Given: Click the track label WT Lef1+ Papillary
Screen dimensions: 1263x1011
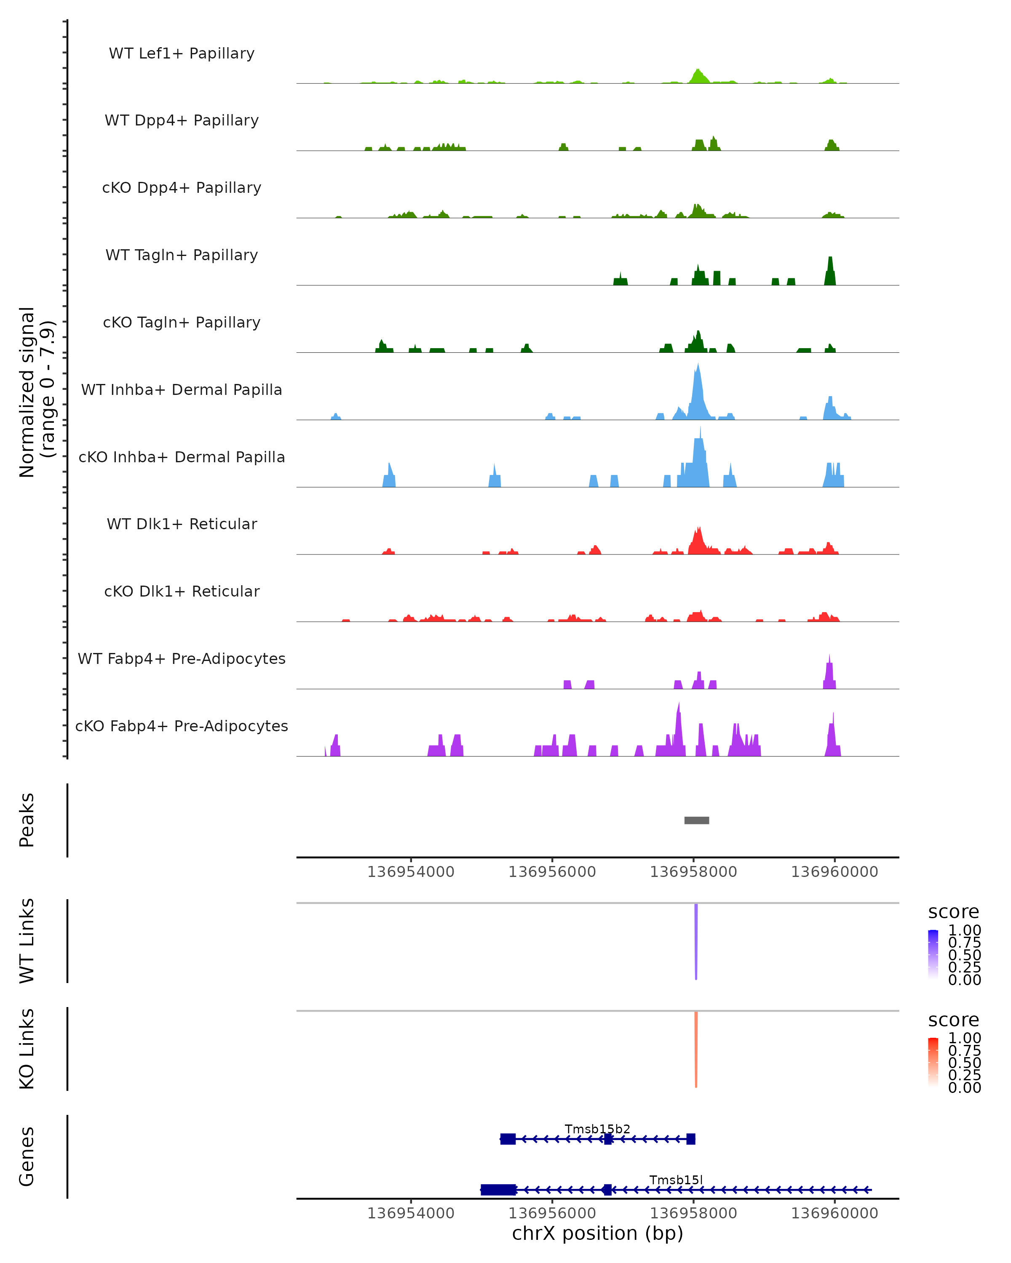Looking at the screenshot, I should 182,53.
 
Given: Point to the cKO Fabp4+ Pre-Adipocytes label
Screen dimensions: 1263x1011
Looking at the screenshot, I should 182,726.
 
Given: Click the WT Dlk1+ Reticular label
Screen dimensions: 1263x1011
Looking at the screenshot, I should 182,524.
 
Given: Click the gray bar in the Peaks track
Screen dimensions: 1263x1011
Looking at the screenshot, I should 697,820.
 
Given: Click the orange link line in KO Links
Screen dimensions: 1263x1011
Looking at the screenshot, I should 695,1049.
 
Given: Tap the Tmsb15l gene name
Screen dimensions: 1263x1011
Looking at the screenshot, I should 676,1180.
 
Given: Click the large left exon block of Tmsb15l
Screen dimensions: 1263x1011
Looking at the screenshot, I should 499,1190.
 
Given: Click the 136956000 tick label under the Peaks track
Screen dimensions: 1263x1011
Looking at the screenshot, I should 552,872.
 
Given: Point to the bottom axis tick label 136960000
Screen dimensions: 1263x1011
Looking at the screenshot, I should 834,1213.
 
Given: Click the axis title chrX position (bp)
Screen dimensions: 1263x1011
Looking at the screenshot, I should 597,1234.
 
